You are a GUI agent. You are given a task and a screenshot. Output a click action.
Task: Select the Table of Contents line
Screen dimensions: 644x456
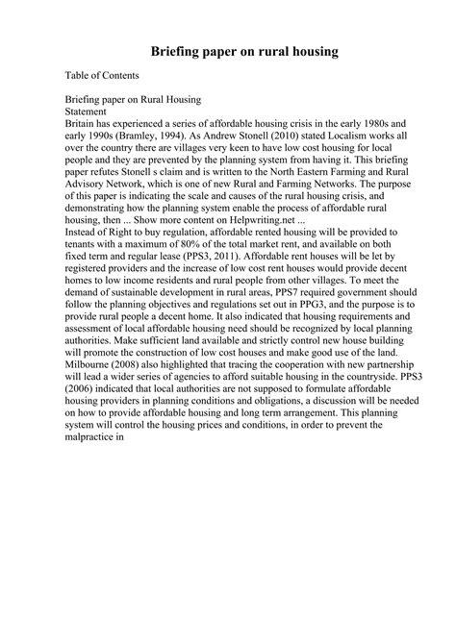click(102, 75)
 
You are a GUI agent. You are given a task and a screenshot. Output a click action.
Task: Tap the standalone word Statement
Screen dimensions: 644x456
click(90, 111)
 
